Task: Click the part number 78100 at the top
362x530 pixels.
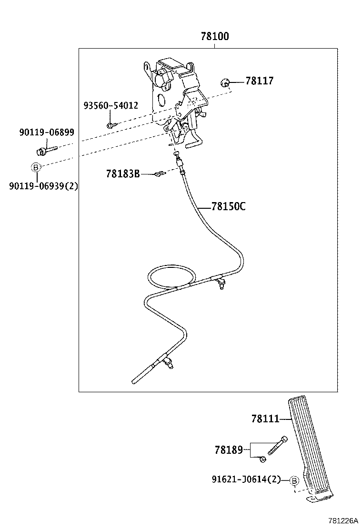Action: click(214, 37)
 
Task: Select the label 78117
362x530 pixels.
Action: click(260, 81)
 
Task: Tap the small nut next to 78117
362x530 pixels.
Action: click(225, 83)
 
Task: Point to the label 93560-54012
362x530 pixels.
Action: click(111, 105)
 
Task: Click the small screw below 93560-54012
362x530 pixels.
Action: click(110, 125)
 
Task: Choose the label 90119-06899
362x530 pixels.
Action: click(47, 132)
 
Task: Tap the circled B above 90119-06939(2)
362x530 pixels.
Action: click(35, 167)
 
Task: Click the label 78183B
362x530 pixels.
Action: click(123, 174)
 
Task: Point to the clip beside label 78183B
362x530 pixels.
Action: click(159, 174)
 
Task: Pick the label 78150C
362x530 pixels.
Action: click(229, 206)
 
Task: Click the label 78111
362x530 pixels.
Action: click(265, 419)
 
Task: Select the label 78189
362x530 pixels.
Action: click(229, 449)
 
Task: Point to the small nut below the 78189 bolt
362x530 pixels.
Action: click(262, 459)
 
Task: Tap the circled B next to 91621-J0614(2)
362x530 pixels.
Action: click(294, 480)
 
